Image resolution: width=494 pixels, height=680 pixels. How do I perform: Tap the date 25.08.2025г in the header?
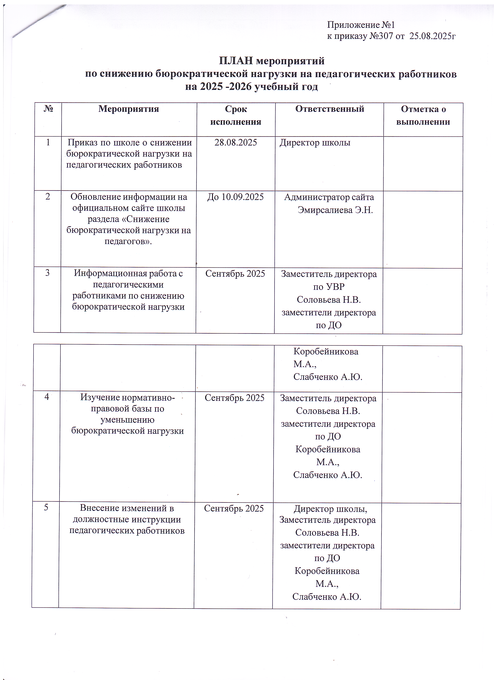tap(432, 36)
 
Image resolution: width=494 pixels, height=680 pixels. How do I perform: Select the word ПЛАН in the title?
tap(236, 61)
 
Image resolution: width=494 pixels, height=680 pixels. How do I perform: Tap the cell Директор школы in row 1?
tap(315, 143)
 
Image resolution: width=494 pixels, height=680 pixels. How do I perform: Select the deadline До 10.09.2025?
tap(235, 197)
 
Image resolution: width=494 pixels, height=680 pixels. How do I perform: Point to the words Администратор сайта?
tap(329, 197)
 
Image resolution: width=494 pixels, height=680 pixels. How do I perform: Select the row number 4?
tap(47, 397)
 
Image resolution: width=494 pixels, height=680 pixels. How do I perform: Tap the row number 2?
tap(48, 197)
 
